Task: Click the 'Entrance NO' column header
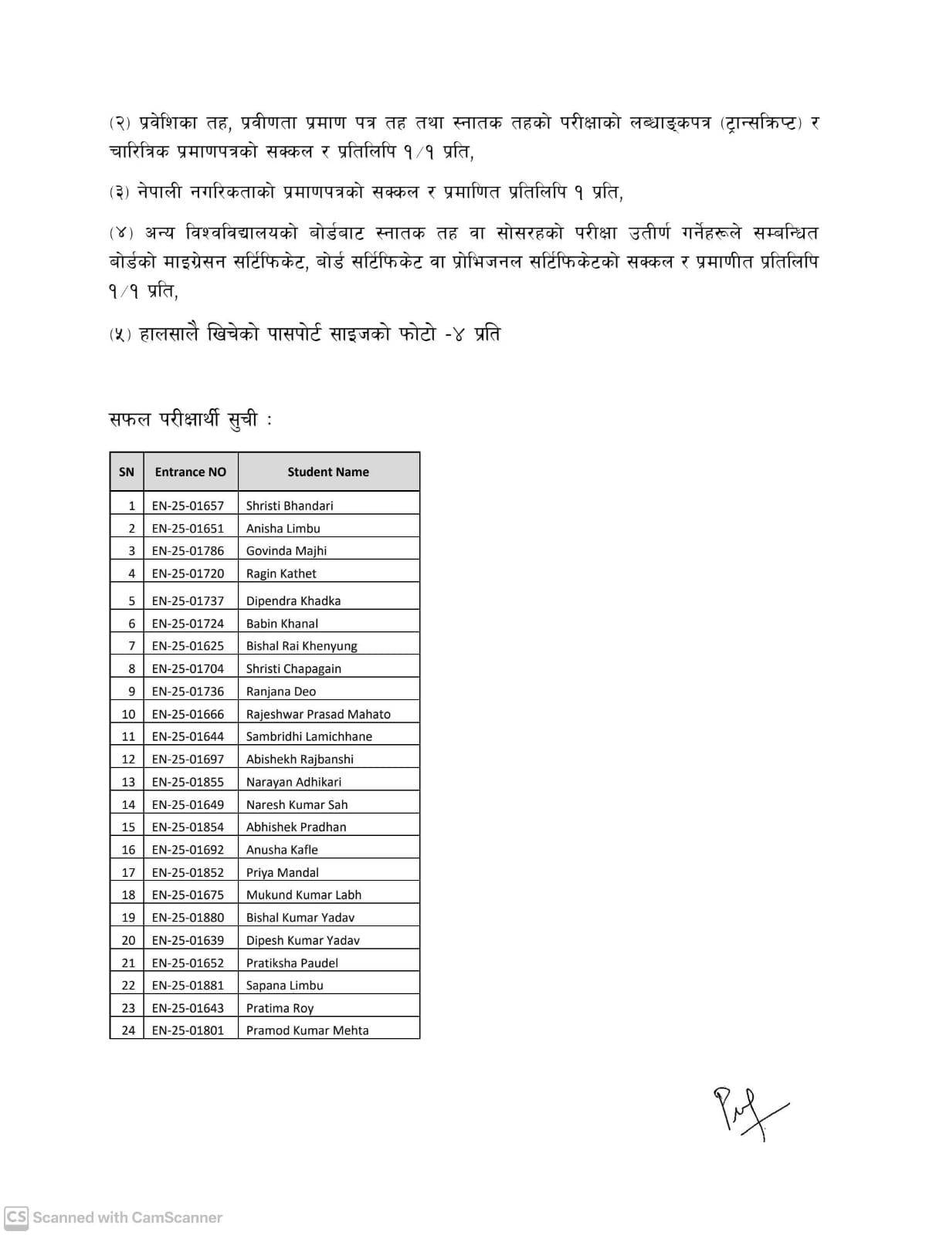pos(190,472)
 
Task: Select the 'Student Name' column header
pos(328,472)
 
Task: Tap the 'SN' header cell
pos(127,472)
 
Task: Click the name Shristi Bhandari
pos(290,506)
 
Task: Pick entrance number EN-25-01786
pos(188,551)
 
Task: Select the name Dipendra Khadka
pos(293,601)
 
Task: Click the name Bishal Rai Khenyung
pos(302,646)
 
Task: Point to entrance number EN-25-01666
pos(188,714)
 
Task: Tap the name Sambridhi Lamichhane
pos(309,736)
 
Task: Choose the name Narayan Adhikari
pos(293,782)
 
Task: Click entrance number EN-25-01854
pos(188,827)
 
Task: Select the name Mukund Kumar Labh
pos(303,895)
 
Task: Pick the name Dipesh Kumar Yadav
pos(303,940)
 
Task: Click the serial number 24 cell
pos(128,1030)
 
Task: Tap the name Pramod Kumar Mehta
pos(307,1030)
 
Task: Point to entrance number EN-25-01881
pos(188,985)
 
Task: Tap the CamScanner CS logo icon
pos(16,1217)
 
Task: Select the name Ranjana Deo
pos(281,692)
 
